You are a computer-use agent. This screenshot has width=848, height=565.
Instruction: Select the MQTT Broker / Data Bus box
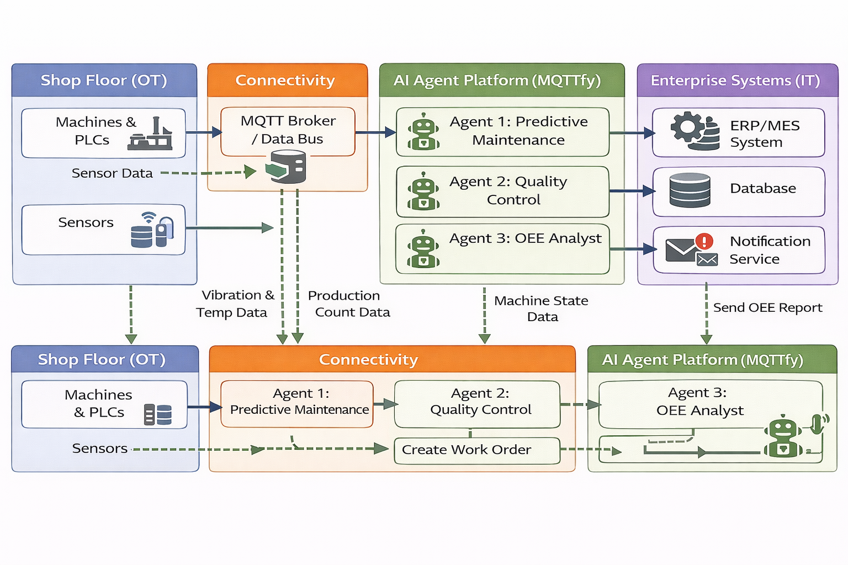pos(288,131)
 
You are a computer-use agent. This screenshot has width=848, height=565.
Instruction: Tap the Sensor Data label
pos(112,173)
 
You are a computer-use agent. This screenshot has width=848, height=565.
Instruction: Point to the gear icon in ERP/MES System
pos(686,127)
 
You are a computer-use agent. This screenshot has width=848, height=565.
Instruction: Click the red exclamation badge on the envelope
pos(704,241)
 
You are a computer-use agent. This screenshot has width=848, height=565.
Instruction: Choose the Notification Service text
pos(770,250)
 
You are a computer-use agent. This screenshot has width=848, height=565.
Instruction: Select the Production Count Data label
pos(349,303)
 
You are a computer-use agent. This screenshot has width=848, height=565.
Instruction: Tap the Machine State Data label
pos(541,308)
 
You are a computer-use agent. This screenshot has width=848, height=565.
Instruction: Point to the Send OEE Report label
pos(767,307)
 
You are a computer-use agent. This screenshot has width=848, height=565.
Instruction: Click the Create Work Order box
pos(477,450)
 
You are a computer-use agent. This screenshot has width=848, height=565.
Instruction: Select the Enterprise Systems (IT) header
pos(737,81)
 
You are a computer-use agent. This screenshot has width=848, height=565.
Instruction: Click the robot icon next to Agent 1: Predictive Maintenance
pos(423,132)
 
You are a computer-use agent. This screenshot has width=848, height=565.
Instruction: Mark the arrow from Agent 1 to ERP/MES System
pos(632,133)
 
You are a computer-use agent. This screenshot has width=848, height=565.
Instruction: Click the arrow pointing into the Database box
pos(632,191)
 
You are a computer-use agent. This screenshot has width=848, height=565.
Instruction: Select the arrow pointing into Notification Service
pos(633,249)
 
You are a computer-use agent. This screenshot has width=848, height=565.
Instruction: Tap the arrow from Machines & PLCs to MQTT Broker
pos(203,132)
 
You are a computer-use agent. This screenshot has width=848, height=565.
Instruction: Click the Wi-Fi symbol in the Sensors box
pos(148,217)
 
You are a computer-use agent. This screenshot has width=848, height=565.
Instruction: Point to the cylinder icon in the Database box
pos(690,190)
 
